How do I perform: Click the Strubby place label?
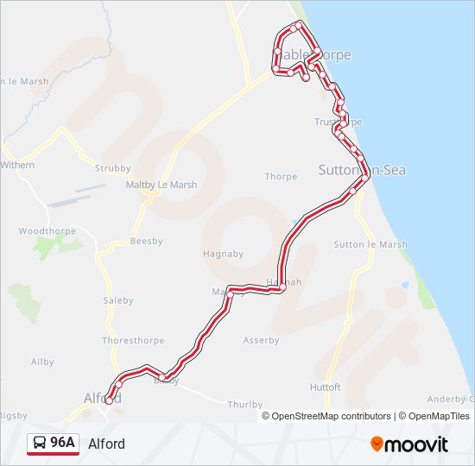click(x=113, y=168)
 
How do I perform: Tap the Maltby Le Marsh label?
click(x=161, y=185)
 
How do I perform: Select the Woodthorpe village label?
click(x=47, y=231)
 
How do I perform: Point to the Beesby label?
click(x=146, y=242)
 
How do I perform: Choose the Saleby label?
click(x=118, y=300)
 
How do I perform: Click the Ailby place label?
click(x=42, y=362)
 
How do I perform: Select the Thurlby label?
click(x=244, y=404)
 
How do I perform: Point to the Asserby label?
click(x=261, y=340)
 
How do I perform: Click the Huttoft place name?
click(x=325, y=387)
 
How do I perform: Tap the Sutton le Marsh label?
click(x=370, y=244)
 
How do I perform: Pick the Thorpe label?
click(x=281, y=177)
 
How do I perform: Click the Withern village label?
click(x=17, y=165)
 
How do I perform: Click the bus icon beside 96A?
click(x=40, y=444)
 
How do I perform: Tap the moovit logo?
click(x=409, y=444)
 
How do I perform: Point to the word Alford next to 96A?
click(x=106, y=444)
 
